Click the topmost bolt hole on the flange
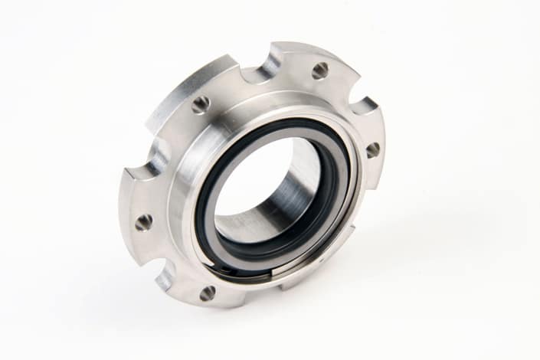(x=320, y=70)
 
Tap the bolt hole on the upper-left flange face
(x=201, y=104)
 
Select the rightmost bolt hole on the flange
(x=372, y=149)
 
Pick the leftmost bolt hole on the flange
(x=143, y=222)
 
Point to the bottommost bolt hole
(x=207, y=293)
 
